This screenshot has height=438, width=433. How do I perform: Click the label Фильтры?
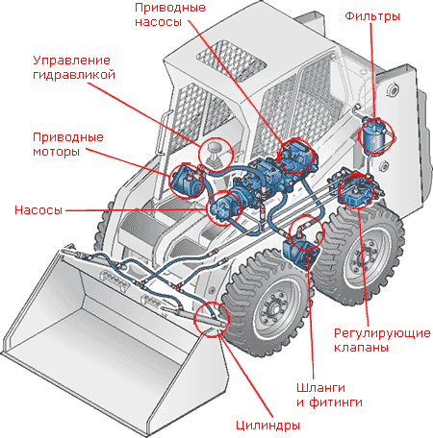[372, 15]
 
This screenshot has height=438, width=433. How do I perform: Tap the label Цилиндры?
[267, 426]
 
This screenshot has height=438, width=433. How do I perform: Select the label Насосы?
[38, 210]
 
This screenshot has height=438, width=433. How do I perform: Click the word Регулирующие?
[382, 333]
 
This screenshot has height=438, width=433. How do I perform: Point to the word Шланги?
[320, 388]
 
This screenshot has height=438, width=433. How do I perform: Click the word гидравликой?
[74, 75]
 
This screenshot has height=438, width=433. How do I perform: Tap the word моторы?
[57, 151]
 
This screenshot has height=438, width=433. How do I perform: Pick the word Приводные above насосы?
[170, 8]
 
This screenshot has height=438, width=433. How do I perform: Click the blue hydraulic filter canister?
[373, 137]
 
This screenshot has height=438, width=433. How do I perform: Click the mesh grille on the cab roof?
[231, 60]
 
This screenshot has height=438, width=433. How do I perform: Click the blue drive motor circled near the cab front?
[186, 181]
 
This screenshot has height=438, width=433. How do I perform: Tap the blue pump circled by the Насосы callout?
[224, 207]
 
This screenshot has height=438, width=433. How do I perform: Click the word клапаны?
[361, 347]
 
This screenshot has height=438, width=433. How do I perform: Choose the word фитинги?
[336, 402]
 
